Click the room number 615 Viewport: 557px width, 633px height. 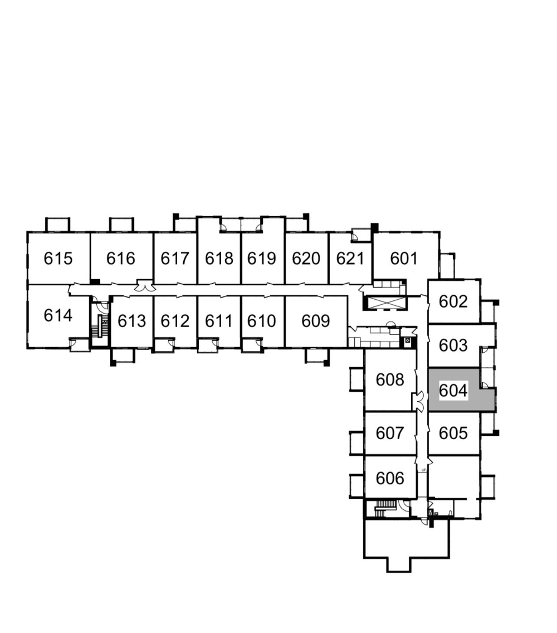click(58, 259)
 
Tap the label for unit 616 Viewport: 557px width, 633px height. click(121, 259)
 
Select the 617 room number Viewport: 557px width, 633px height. click(175, 259)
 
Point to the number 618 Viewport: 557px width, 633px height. click(219, 259)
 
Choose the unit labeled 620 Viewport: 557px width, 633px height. click(306, 259)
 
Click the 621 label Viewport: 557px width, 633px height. click(350, 259)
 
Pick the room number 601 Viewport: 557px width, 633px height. click(404, 259)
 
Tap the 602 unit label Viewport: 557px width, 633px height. click(453, 301)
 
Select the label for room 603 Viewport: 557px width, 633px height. click(453, 345)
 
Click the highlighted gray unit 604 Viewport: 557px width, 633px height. click(453, 391)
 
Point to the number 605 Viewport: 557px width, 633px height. click(453, 433)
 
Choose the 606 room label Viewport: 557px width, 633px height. click(390, 478)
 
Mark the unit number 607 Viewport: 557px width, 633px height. click(390, 433)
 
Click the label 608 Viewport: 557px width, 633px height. click(390, 380)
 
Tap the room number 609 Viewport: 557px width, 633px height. click(316, 322)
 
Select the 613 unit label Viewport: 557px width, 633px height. click(131, 322)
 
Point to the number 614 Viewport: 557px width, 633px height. click(58, 315)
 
